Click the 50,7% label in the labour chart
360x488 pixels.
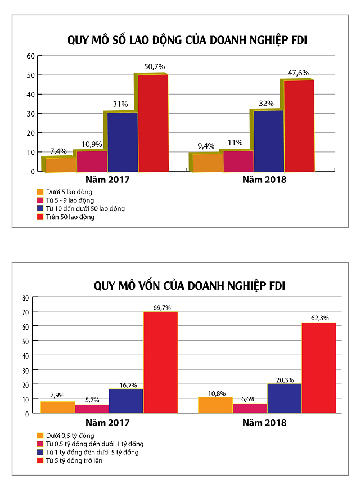pos(155,66)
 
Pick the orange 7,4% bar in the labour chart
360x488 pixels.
pos(61,164)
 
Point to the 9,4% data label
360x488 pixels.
pos(205,146)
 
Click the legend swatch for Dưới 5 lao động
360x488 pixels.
pos(40,191)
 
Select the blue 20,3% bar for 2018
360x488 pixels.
pos(285,398)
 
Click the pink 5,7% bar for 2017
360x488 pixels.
pos(92,409)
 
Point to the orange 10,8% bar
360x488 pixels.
pos(215,405)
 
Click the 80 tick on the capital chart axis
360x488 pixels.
pos(25,297)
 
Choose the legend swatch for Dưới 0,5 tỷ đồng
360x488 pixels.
pos(40,435)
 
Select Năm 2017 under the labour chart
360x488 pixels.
pos(108,180)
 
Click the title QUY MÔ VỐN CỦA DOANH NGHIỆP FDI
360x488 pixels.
pos(190,286)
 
